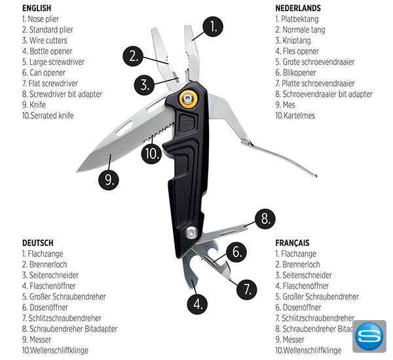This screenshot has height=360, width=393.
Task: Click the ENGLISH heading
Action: coord(37,8)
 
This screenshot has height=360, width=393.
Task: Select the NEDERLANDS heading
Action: coord(298,8)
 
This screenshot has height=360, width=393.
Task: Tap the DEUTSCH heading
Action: coord(37,243)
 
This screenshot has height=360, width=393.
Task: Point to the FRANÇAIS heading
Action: coord(292,243)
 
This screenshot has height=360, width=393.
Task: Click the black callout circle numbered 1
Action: coord(213,27)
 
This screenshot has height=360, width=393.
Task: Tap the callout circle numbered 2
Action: coord(133,56)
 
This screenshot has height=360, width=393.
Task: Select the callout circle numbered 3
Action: coord(144,84)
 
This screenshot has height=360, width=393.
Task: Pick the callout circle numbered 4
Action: coord(198,304)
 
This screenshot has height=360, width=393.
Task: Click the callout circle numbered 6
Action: coord(236,252)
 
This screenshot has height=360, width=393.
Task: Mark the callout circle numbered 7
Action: coord(247,289)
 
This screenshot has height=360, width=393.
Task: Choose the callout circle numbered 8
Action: coord(265,219)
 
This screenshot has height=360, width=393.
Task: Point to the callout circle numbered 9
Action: coord(109,179)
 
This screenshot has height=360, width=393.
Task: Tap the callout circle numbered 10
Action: coord(152,154)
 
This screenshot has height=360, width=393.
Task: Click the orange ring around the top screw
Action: coord(188,98)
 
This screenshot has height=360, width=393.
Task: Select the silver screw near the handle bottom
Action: coord(191,233)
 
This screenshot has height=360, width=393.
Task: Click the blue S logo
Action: coord(369,336)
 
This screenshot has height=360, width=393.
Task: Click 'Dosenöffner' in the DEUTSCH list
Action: coord(49,307)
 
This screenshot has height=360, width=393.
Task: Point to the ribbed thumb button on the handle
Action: coord(187,124)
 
